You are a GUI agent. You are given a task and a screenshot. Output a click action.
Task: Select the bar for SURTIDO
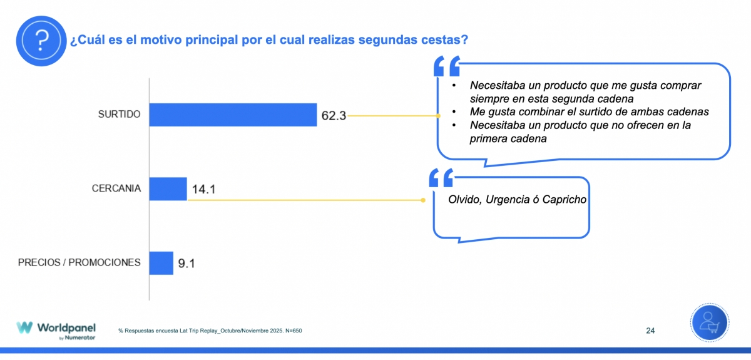[233, 115]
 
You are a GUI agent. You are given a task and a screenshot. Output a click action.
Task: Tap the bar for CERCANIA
[168, 188]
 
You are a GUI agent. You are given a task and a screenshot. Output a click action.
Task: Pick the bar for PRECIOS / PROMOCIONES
[161, 263]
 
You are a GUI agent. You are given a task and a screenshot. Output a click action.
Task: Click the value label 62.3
[334, 116]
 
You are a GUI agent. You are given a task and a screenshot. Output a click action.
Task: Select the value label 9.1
[186, 264]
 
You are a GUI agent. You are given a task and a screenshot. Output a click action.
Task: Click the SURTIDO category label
[119, 114]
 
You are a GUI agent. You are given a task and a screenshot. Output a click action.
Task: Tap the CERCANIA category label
[116, 188]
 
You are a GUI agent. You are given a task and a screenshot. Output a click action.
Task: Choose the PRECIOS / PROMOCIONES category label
[79, 262]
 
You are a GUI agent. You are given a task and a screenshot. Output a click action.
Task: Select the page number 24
[650, 330]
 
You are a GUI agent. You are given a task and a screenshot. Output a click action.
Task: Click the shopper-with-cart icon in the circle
[710, 324]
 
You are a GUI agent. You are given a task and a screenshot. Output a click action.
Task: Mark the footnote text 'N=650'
[293, 331]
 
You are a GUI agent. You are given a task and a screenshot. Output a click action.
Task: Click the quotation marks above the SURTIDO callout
[446, 67]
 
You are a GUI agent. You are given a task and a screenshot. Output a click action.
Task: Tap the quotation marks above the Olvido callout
[441, 177]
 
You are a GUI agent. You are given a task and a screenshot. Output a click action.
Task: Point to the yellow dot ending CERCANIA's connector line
[424, 200]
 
